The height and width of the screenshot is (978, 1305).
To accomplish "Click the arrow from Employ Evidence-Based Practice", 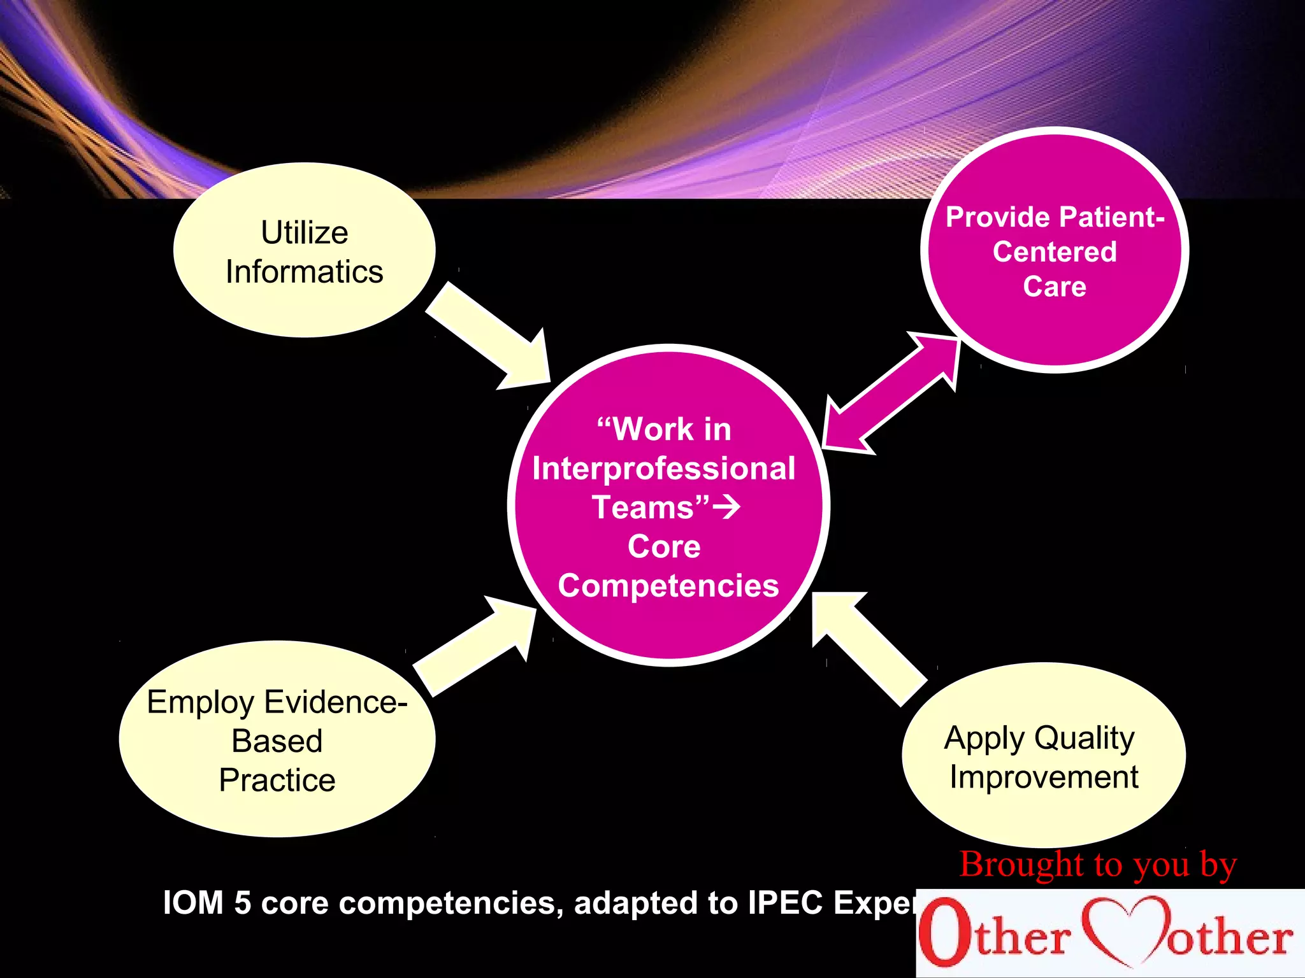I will pos(475,646).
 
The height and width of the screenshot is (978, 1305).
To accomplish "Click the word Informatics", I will pos(305,272).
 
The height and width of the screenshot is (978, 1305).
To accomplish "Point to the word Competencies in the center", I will pos(668,586).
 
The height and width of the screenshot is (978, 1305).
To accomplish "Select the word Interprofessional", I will pos(664,469).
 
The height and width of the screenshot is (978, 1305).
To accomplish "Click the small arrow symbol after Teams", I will pos(726,507).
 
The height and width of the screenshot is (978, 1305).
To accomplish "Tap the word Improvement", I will pos(1044,777).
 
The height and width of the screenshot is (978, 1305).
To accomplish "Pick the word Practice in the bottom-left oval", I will pos(277,781).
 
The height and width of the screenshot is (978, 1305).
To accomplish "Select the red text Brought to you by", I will pos(1098,865).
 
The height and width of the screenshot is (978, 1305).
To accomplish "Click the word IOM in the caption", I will pos(193,903).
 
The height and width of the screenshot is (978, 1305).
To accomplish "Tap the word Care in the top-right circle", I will pos(1055,287).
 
